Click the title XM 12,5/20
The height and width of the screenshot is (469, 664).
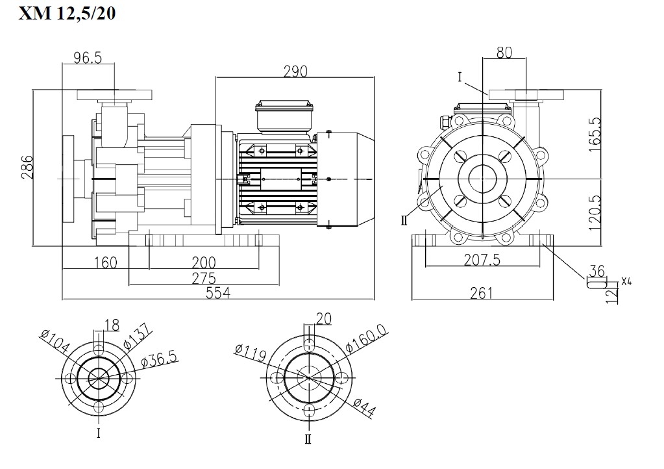click(x=67, y=14)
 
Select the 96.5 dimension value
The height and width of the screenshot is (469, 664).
click(x=88, y=58)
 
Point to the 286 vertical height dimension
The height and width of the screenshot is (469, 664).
click(x=25, y=168)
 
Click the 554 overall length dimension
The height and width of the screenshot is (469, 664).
click(x=218, y=293)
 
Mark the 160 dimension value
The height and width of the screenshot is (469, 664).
click(x=105, y=262)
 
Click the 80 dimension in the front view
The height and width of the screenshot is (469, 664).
click(x=504, y=53)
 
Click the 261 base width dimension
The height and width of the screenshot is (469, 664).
click(x=481, y=293)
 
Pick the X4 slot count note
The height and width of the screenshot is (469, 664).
click(x=626, y=281)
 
